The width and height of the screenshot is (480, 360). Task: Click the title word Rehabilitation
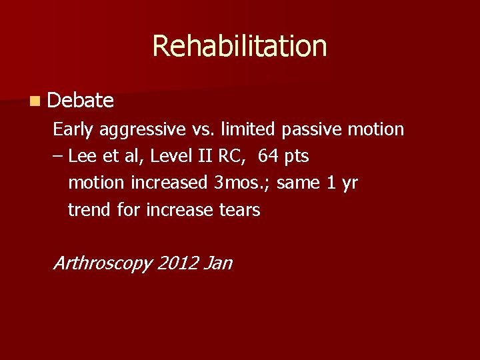click(239, 46)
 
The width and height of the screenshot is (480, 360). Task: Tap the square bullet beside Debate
click(34, 101)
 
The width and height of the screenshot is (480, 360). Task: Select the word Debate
click(81, 101)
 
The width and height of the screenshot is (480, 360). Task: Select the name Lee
click(81, 156)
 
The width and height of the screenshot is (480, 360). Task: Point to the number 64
click(269, 156)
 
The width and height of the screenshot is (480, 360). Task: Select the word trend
click(90, 210)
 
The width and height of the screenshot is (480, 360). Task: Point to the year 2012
click(179, 263)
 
